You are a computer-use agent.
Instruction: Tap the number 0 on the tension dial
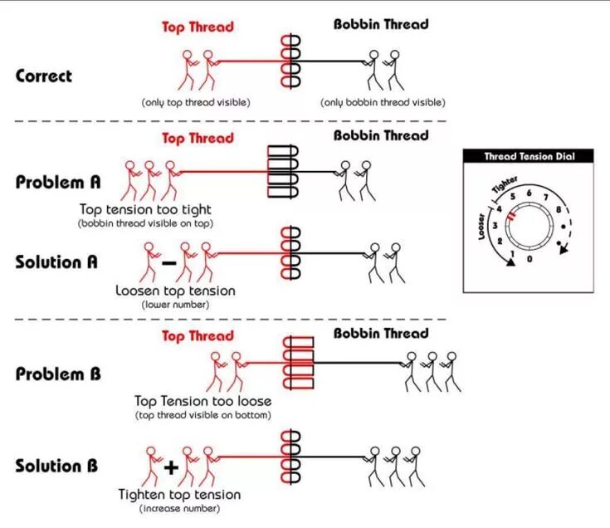530,259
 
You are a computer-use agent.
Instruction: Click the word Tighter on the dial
505,184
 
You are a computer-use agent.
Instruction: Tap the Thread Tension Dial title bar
529,155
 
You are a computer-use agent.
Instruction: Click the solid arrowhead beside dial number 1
510,262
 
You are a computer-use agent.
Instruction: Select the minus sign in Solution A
168,263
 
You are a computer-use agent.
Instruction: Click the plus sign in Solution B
170,467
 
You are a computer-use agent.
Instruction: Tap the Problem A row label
58,182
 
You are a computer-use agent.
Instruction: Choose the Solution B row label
56,465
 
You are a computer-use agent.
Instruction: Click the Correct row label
44,76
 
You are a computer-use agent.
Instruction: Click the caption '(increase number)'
180,507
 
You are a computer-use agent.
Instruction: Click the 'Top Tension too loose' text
203,401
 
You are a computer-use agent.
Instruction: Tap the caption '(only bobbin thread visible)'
383,102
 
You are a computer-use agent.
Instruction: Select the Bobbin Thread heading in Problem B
381,333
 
